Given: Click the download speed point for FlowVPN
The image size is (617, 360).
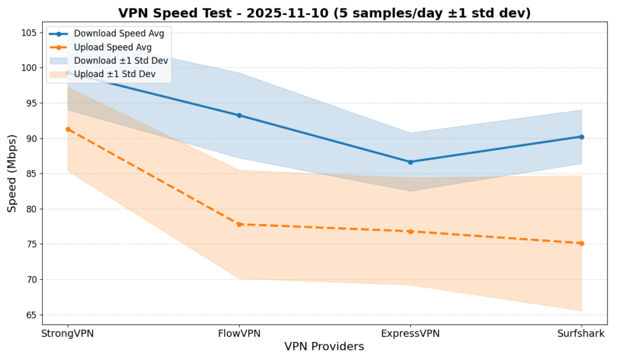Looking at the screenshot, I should (239, 115).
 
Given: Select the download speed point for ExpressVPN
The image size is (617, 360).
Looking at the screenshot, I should (410, 162).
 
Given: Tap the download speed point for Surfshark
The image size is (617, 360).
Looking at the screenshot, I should (581, 137).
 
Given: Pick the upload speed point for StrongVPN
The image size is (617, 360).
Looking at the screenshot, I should (68, 129).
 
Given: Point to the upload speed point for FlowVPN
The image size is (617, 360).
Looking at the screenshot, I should (239, 224).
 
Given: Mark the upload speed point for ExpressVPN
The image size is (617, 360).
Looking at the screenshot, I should (410, 232).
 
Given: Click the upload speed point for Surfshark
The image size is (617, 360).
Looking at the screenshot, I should (581, 244).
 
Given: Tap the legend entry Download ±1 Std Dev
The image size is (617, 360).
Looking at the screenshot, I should (121, 60).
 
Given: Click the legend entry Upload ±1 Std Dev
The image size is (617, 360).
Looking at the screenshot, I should (114, 74).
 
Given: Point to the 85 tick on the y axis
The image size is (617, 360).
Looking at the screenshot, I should (31, 174).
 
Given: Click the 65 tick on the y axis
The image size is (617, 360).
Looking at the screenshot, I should (31, 315).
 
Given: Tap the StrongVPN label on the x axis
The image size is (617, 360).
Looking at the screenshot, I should (68, 333).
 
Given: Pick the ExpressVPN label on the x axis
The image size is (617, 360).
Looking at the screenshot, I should (410, 333).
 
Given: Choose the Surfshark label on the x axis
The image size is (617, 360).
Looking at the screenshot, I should (581, 333).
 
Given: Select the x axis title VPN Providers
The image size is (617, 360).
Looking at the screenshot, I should (324, 347).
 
